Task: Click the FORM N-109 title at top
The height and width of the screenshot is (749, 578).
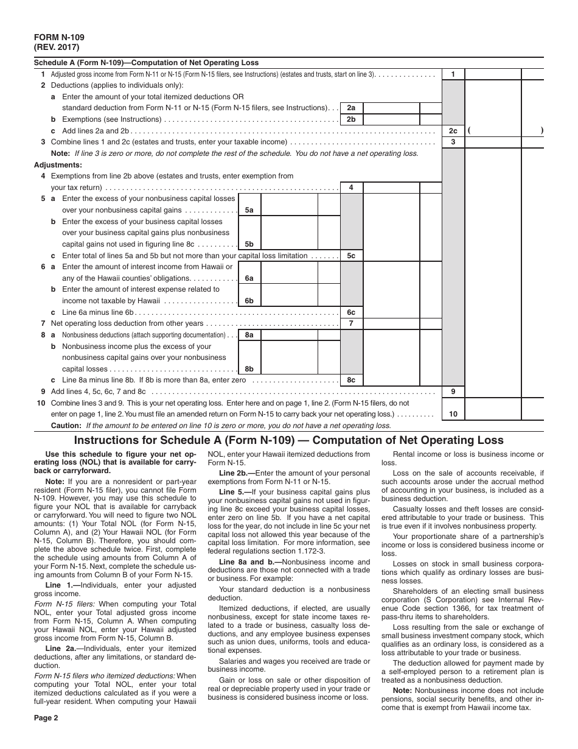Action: click(x=55, y=37)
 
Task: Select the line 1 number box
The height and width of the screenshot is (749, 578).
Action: click(x=453, y=74)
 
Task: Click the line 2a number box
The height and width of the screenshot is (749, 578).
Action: click(x=351, y=108)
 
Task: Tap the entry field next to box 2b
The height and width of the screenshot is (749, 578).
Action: click(x=391, y=119)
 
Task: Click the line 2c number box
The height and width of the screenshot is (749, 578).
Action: click(x=453, y=131)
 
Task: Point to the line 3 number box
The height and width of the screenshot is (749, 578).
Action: click(x=453, y=142)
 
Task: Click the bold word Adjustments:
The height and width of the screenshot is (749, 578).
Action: click(x=58, y=165)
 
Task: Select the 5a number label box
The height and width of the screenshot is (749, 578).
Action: click(x=249, y=210)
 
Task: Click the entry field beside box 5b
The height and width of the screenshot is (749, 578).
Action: click(x=288, y=244)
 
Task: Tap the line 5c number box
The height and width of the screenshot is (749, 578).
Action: click(x=351, y=256)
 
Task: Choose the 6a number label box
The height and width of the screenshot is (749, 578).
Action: click(x=249, y=278)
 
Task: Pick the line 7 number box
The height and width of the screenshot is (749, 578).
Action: click(x=351, y=323)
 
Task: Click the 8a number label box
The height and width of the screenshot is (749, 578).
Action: click(x=249, y=335)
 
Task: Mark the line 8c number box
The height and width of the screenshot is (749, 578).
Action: click(x=351, y=380)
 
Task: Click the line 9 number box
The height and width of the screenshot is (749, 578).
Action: click(x=453, y=392)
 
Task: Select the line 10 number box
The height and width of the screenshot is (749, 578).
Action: click(x=453, y=414)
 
